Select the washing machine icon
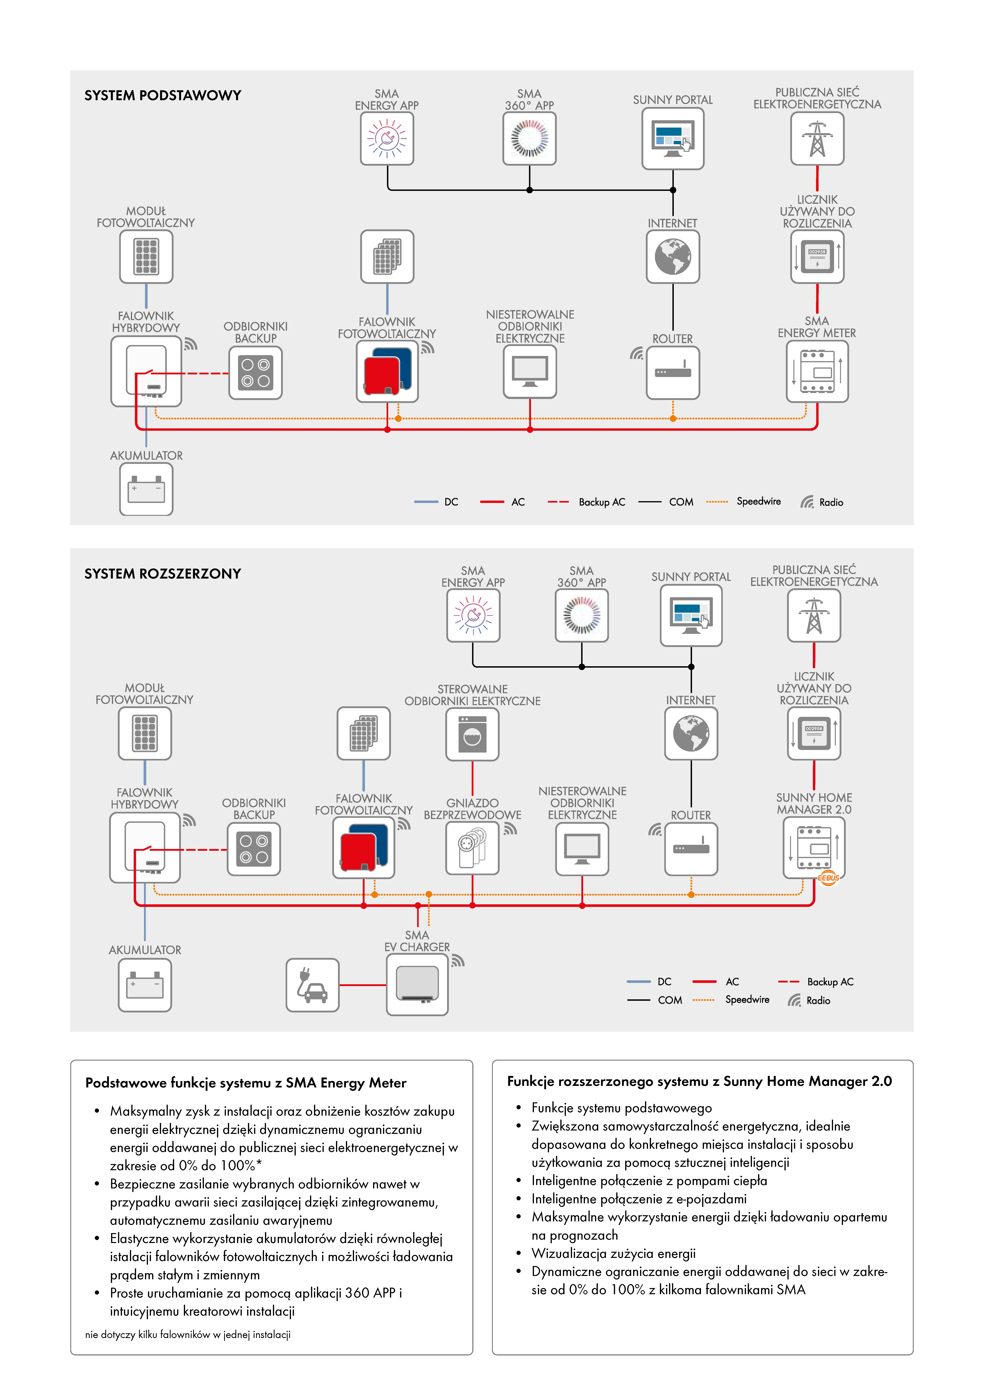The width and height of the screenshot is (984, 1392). (x=472, y=734)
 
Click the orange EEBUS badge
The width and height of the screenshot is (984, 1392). (x=828, y=877)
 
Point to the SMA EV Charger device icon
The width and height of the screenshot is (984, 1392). (x=417, y=984)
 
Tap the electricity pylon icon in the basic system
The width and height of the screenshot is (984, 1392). (x=817, y=139)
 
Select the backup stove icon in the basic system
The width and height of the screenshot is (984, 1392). (x=255, y=373)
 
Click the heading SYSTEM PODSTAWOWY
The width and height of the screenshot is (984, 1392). (x=162, y=96)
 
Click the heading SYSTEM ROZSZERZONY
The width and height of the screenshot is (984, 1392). (x=162, y=574)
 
